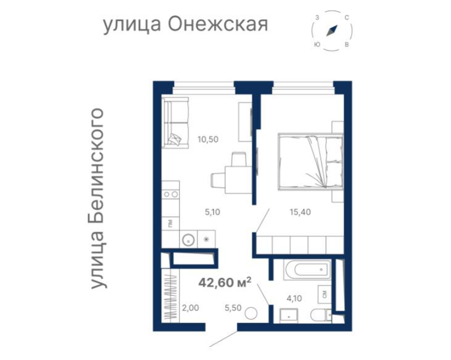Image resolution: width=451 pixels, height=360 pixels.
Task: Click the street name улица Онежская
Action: [x=184, y=25]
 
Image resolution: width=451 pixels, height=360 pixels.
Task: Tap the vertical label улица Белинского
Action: [x=96, y=198]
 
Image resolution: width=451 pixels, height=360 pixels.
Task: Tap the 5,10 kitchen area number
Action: [x=212, y=211]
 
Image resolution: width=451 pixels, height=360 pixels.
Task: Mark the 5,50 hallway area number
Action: [x=233, y=308]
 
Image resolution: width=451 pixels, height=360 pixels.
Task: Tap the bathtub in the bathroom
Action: [x=306, y=270]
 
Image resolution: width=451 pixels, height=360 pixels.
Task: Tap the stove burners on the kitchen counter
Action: [x=171, y=193]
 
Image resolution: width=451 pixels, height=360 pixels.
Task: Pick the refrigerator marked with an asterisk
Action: [x=207, y=239]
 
